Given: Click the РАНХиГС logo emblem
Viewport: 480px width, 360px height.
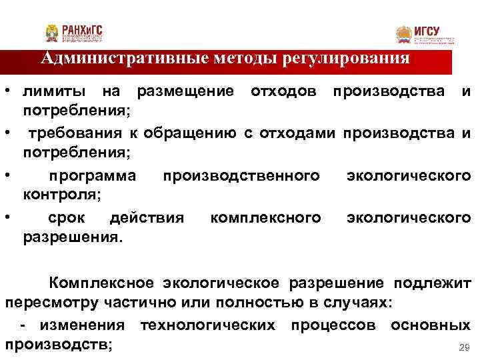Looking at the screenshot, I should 52,33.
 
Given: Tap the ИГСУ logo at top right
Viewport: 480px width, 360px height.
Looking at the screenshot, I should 404,35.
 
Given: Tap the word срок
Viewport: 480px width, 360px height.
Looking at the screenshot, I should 67,218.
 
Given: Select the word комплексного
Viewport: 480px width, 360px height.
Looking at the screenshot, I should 265,218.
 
